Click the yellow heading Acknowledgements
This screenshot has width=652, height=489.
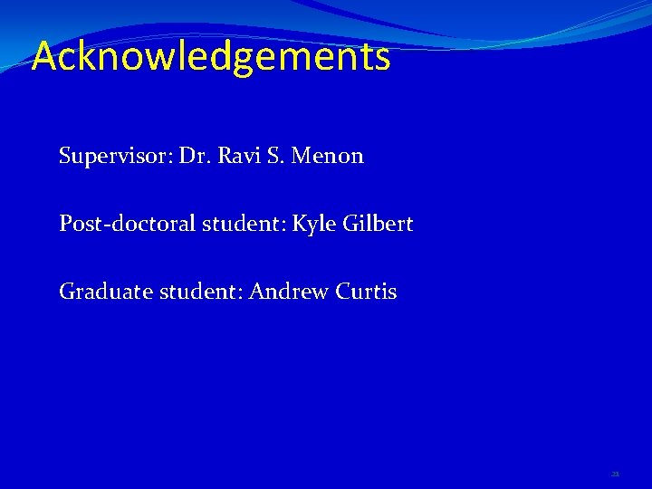pos(211,57)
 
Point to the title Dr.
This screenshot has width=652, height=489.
pos(194,156)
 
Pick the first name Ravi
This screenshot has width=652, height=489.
pos(235,156)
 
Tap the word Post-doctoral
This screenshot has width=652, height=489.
pos(126,224)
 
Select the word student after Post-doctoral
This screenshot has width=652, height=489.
pos(240,224)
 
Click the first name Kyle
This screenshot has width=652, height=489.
pos(313,224)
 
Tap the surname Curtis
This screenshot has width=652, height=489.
pos(366,292)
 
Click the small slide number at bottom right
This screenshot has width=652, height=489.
pos(615,474)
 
